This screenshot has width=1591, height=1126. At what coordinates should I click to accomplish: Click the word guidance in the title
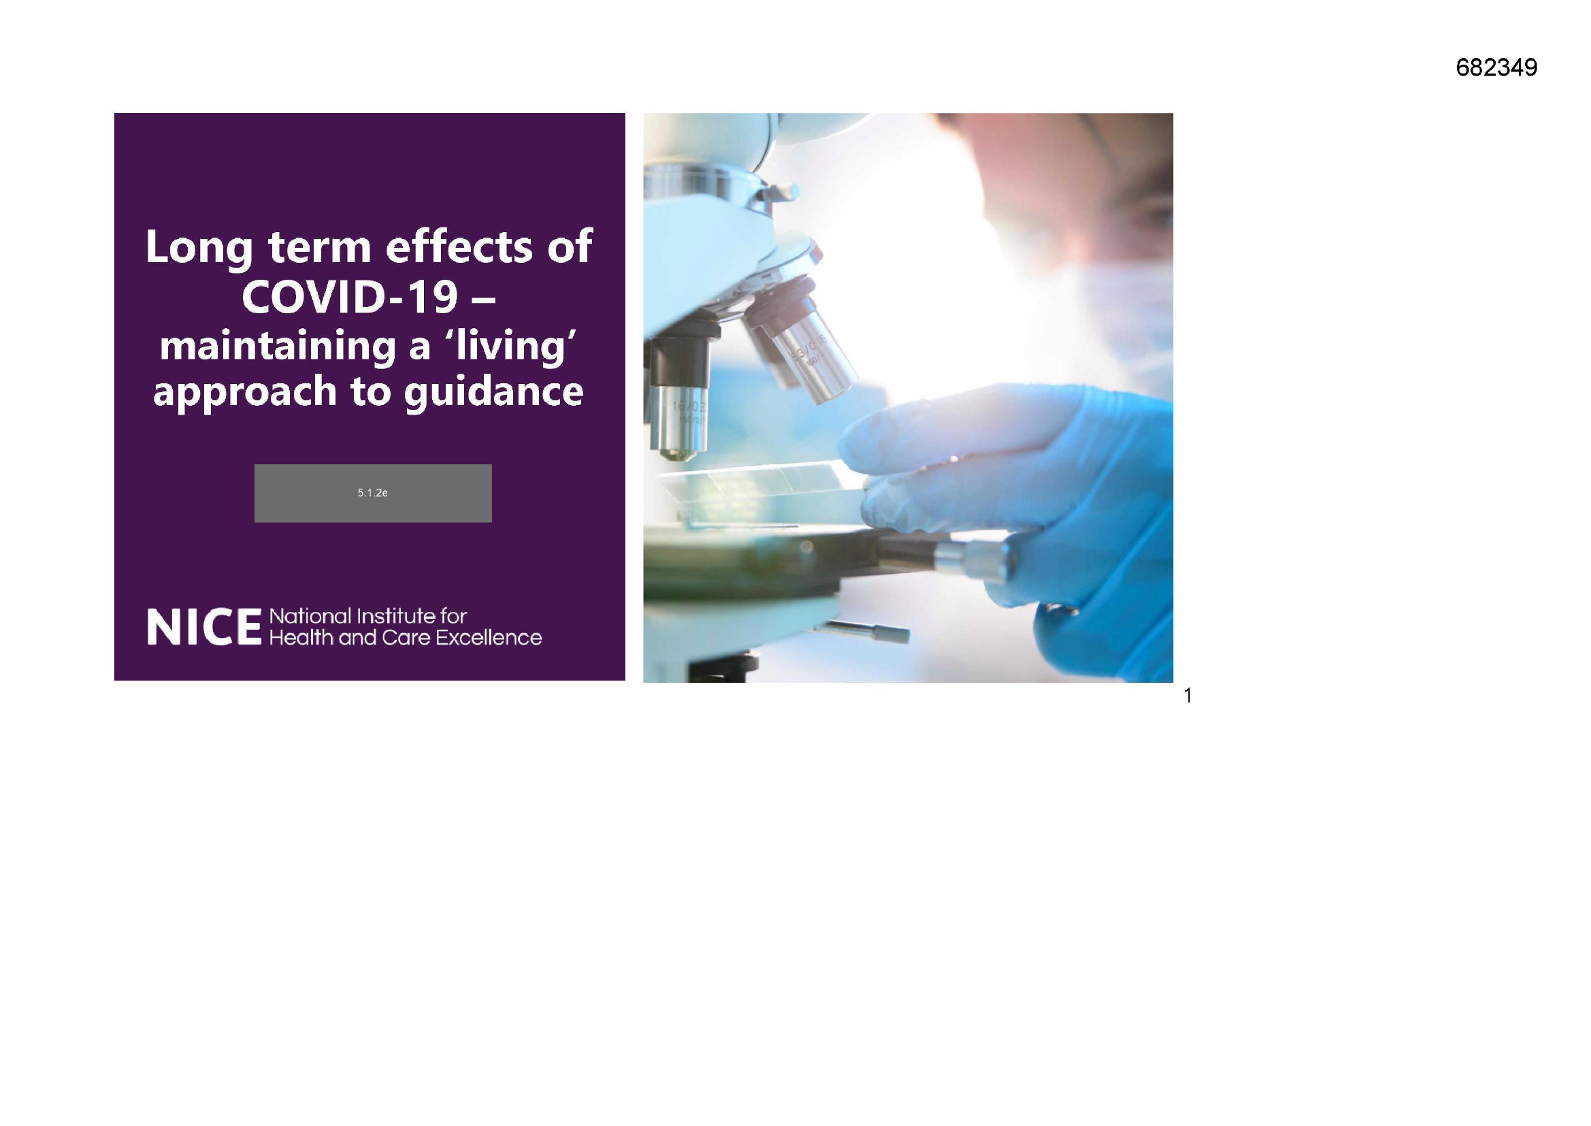[x=493, y=391]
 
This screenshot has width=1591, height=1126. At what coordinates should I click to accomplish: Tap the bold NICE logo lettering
[x=203, y=628]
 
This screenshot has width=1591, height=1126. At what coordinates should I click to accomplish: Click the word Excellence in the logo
[x=488, y=638]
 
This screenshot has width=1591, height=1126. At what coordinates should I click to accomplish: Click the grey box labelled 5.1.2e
[x=373, y=493]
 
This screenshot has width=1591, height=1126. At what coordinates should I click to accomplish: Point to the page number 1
[x=1188, y=696]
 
